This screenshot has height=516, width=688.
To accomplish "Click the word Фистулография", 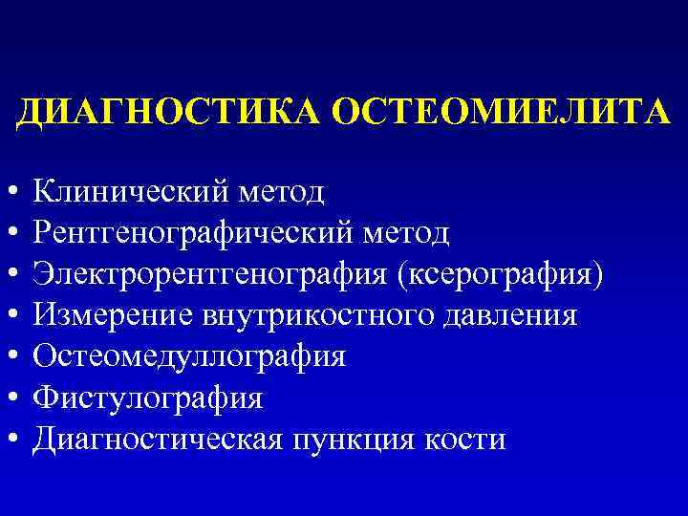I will coord(147,398).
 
